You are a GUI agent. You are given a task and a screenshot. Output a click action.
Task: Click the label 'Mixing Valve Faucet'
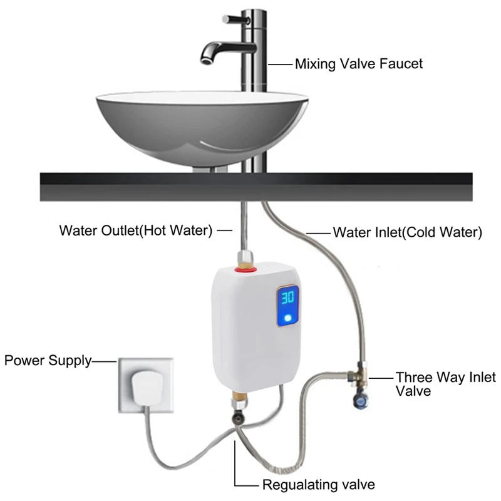pyautogui.click(x=359, y=63)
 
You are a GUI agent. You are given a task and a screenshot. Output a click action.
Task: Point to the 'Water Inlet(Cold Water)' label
pyautogui.click(x=407, y=232)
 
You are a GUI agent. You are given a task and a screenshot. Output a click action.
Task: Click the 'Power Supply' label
pyautogui.click(x=48, y=361)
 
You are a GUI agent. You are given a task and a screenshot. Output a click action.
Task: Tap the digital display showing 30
pyautogui.click(x=289, y=297)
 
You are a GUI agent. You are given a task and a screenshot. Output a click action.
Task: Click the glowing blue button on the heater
pyautogui.click(x=288, y=319)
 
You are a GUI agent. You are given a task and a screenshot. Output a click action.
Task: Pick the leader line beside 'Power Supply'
pyautogui.click(x=103, y=361)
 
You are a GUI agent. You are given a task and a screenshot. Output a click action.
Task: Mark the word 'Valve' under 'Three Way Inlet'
pyautogui.click(x=413, y=391)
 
